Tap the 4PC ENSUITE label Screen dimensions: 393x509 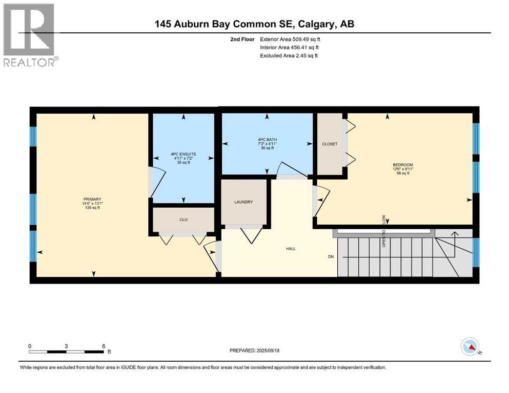point(184,154)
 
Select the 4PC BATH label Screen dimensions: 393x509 point(267,140)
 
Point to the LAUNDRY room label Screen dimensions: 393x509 point(243,202)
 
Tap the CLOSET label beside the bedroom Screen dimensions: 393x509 point(330,144)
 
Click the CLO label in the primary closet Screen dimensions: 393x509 point(184,220)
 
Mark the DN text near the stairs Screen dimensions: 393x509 point(331,256)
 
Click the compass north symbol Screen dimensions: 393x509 point(470,347)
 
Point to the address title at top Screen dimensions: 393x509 point(255,24)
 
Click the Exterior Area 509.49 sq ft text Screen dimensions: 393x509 point(290,39)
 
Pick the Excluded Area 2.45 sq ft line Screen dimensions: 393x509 point(289,55)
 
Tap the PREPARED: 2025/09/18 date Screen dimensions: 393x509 point(254,351)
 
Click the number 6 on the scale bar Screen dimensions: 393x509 point(104,346)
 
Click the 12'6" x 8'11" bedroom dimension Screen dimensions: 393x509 point(401,169)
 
